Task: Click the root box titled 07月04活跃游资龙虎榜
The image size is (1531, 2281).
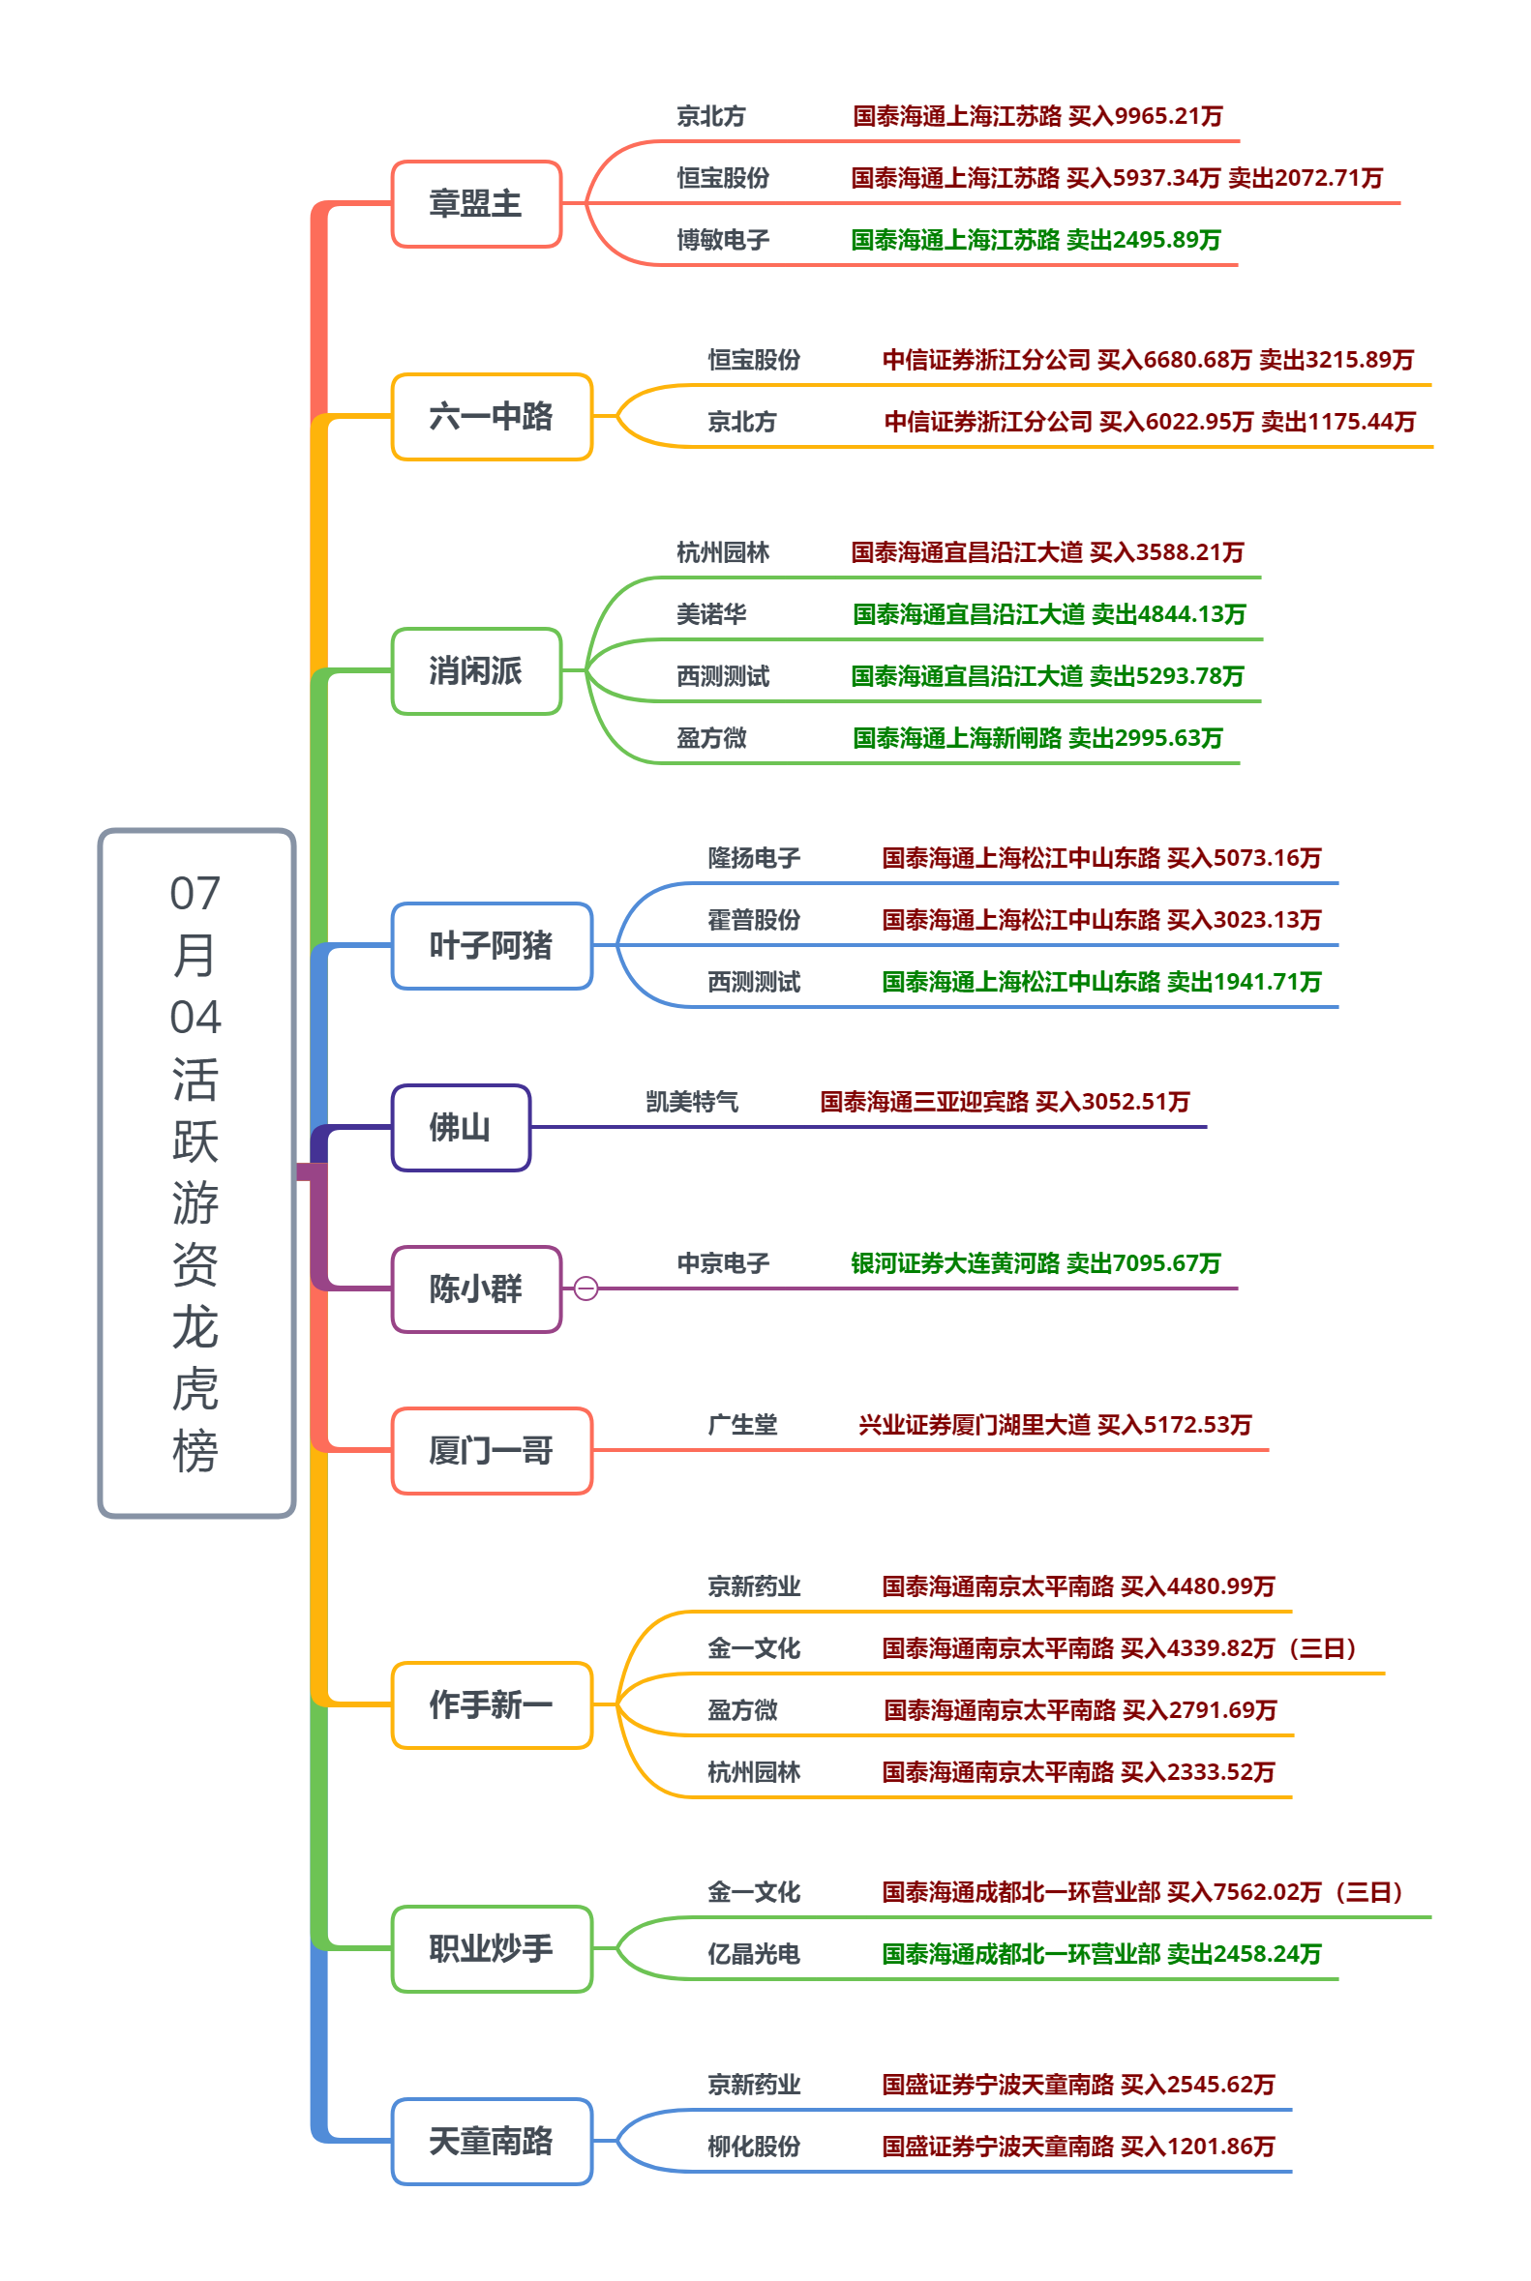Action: point(196,1172)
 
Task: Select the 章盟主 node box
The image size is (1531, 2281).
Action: point(476,204)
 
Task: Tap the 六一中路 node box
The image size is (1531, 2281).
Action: point(491,417)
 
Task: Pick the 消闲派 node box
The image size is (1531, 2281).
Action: point(476,671)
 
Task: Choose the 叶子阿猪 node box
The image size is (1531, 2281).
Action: point(491,946)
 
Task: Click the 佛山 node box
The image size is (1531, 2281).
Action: point(461,1127)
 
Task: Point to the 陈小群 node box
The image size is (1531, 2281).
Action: point(476,1289)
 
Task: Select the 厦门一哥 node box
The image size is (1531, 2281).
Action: point(491,1450)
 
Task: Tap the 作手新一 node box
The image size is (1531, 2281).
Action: point(491,1705)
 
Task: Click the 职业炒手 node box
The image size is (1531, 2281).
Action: point(491,1948)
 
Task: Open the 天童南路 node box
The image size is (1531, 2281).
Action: point(491,2142)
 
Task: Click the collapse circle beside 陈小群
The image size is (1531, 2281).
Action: point(585,1289)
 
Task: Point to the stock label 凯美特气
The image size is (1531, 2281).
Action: point(692,1102)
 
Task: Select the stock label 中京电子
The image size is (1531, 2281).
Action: point(724,1264)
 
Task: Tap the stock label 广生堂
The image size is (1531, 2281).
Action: point(742,1425)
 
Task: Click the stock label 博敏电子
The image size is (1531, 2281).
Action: point(724,240)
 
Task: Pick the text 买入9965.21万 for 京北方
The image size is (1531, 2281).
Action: point(1145,116)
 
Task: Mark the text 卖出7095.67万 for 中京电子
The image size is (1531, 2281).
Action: point(1143,1264)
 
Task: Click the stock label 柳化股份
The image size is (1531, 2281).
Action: point(754,2148)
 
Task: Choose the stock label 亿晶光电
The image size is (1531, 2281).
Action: point(754,1954)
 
